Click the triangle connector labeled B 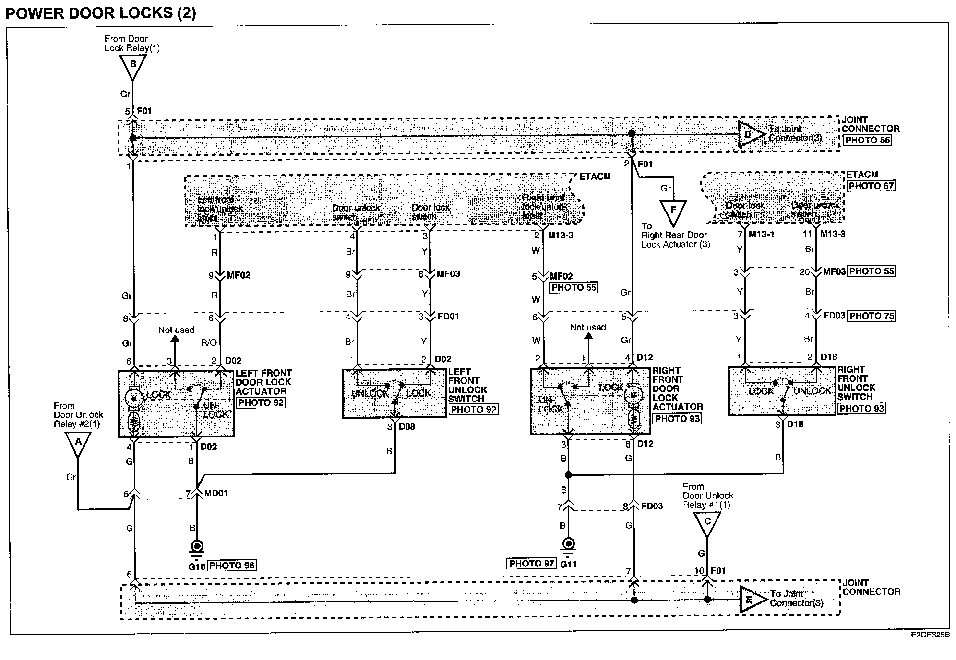133,66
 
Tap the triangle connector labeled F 673,212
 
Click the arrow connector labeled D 750,135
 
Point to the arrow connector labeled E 752,599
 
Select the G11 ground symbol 568,545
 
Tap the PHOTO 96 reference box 232,566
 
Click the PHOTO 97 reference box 531,564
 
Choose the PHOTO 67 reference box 871,186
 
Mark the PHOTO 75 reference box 872,316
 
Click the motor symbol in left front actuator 134,398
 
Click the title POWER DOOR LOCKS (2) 101,12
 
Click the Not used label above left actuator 176,330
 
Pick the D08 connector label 407,427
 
